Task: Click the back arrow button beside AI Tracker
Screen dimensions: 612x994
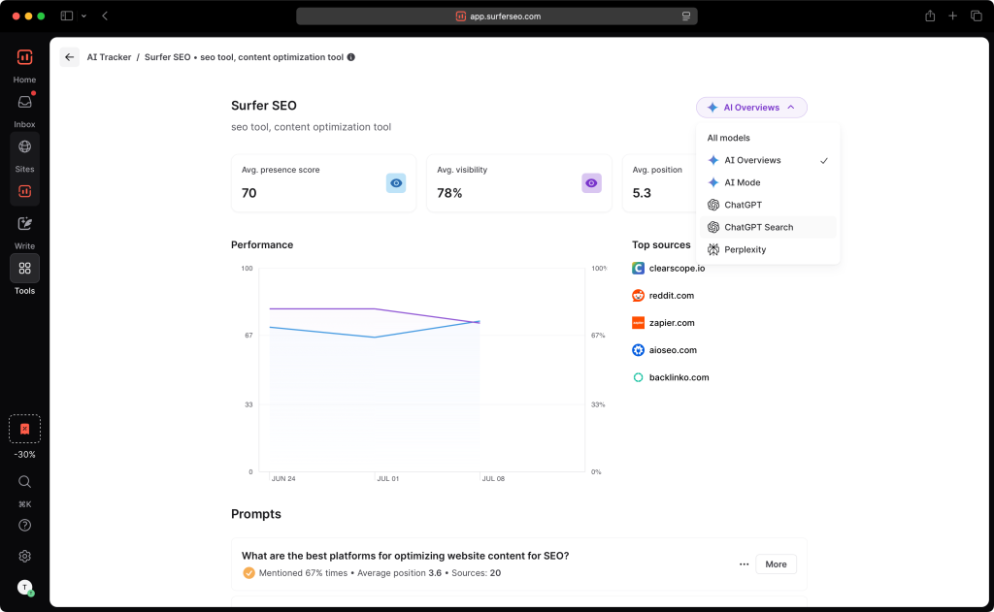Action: (69, 57)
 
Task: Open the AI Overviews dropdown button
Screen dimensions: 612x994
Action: (751, 108)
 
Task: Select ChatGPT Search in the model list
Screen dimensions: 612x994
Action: (758, 227)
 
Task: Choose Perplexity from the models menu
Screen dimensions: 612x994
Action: (745, 249)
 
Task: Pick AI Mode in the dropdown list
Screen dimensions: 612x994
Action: (742, 182)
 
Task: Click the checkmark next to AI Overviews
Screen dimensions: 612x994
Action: (824, 160)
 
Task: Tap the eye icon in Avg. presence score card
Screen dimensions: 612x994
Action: (395, 182)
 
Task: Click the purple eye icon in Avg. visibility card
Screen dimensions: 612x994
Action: (591, 182)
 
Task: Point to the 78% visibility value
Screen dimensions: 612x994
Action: (449, 193)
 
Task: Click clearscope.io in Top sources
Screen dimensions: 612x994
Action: (677, 269)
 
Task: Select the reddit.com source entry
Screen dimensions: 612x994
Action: (671, 296)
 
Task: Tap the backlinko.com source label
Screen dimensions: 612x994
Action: (679, 377)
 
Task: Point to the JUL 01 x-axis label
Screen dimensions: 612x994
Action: (386, 479)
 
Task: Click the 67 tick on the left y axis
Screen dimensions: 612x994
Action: (248, 336)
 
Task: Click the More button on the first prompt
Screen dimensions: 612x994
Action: (776, 564)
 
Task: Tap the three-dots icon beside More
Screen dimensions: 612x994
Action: (744, 564)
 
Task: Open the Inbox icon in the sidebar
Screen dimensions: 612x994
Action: (25, 103)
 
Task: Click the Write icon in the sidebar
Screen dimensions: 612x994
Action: (25, 224)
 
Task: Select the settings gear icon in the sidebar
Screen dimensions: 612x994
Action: (25, 556)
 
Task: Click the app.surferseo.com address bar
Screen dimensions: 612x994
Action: (497, 16)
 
